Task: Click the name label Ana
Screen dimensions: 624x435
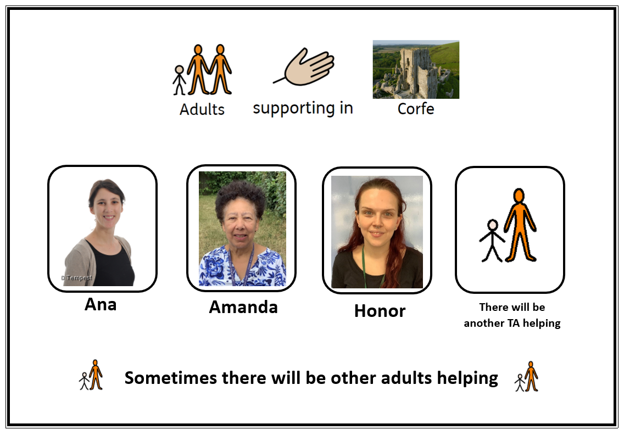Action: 101,304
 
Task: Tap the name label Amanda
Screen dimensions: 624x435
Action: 243,307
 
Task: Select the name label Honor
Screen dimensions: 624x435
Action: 380,311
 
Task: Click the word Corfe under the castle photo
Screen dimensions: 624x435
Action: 416,109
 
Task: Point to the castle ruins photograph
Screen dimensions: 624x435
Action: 416,69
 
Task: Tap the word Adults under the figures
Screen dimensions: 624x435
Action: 202,109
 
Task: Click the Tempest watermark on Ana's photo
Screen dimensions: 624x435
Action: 77,278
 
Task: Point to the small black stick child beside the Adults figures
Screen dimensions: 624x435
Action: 179,80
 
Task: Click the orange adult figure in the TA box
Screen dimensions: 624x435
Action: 520,225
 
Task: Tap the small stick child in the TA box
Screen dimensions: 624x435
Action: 492,241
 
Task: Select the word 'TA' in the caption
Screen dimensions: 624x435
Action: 513,323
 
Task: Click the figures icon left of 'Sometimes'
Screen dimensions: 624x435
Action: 91,375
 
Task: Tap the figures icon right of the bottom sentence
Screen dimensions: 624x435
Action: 526,376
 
